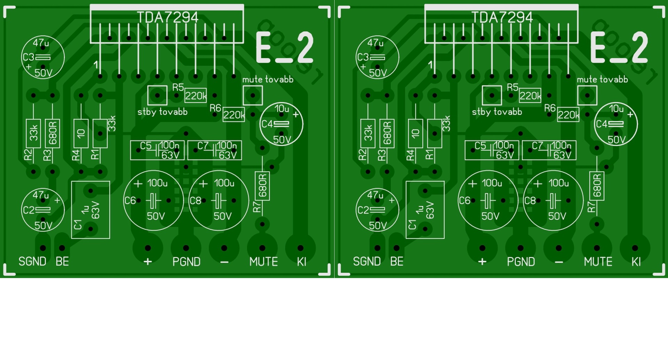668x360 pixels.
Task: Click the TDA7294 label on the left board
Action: [167, 17]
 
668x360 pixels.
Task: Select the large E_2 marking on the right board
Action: [619, 48]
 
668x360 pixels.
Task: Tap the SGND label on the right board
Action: [367, 261]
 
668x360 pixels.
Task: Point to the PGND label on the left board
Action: [186, 262]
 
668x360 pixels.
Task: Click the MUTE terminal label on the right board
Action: [598, 262]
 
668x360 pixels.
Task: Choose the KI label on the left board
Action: [301, 262]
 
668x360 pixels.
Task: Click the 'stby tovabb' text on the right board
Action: [497, 112]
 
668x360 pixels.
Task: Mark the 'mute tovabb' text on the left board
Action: [268, 80]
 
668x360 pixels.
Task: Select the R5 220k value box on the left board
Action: [196, 95]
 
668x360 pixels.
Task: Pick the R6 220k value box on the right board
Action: [568, 115]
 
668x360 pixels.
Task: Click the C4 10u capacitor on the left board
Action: [281, 124]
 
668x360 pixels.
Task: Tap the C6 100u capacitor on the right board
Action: [488, 201]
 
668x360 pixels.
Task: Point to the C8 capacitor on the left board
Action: [218, 201]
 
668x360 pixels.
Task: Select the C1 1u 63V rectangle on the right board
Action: [425, 210]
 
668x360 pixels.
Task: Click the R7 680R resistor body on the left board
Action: [262, 186]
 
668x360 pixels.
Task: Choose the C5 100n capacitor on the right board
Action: [492, 150]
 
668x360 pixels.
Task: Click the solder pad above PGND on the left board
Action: [186, 248]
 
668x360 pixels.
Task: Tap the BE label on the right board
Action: [397, 261]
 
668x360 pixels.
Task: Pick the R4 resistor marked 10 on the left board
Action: [81, 133]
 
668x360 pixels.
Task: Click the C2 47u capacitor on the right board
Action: [377, 210]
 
